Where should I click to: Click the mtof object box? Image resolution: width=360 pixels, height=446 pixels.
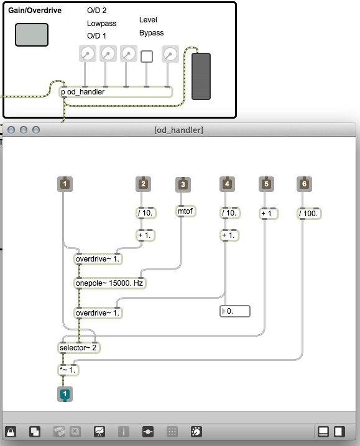click(185, 211)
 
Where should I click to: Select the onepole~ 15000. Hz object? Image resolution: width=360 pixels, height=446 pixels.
click(109, 283)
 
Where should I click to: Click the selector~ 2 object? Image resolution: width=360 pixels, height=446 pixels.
click(78, 348)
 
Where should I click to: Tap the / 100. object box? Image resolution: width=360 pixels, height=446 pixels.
click(309, 213)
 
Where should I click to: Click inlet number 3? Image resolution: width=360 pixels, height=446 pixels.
click(183, 184)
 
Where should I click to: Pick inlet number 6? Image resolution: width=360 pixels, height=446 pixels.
click(304, 184)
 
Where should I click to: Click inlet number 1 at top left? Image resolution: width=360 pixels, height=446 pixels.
click(65, 184)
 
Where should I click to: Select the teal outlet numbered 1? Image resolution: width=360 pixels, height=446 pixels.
click(65, 394)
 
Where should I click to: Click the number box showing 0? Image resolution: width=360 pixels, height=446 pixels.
click(235, 311)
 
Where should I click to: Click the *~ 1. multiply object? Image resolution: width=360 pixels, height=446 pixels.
click(68, 370)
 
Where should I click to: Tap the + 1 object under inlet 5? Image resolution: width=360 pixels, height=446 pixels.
click(269, 213)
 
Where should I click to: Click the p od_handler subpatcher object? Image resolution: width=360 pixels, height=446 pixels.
click(116, 92)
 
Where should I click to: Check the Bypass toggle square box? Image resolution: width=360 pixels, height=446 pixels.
click(147, 57)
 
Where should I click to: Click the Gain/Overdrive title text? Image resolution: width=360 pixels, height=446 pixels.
click(35, 11)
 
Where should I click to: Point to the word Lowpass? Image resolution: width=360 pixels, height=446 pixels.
click(102, 24)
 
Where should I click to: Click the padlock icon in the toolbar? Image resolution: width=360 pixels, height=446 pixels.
click(11, 432)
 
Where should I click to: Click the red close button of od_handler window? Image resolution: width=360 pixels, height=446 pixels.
click(11, 130)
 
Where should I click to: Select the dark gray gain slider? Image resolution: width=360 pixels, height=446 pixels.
click(201, 76)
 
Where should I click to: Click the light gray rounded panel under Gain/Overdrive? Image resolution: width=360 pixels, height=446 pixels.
click(32, 35)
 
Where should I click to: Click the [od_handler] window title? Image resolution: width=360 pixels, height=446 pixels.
click(178, 130)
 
